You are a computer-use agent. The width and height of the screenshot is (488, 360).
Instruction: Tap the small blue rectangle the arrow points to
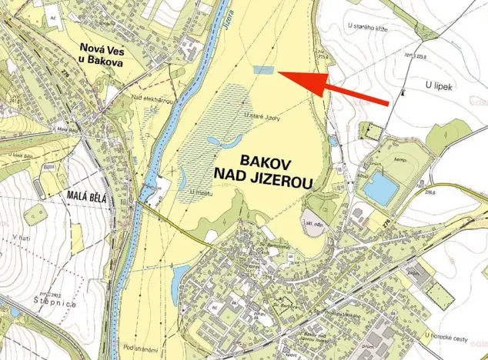click(x=263, y=69)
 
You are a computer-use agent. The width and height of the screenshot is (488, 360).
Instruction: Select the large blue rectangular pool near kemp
click(x=379, y=188)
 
